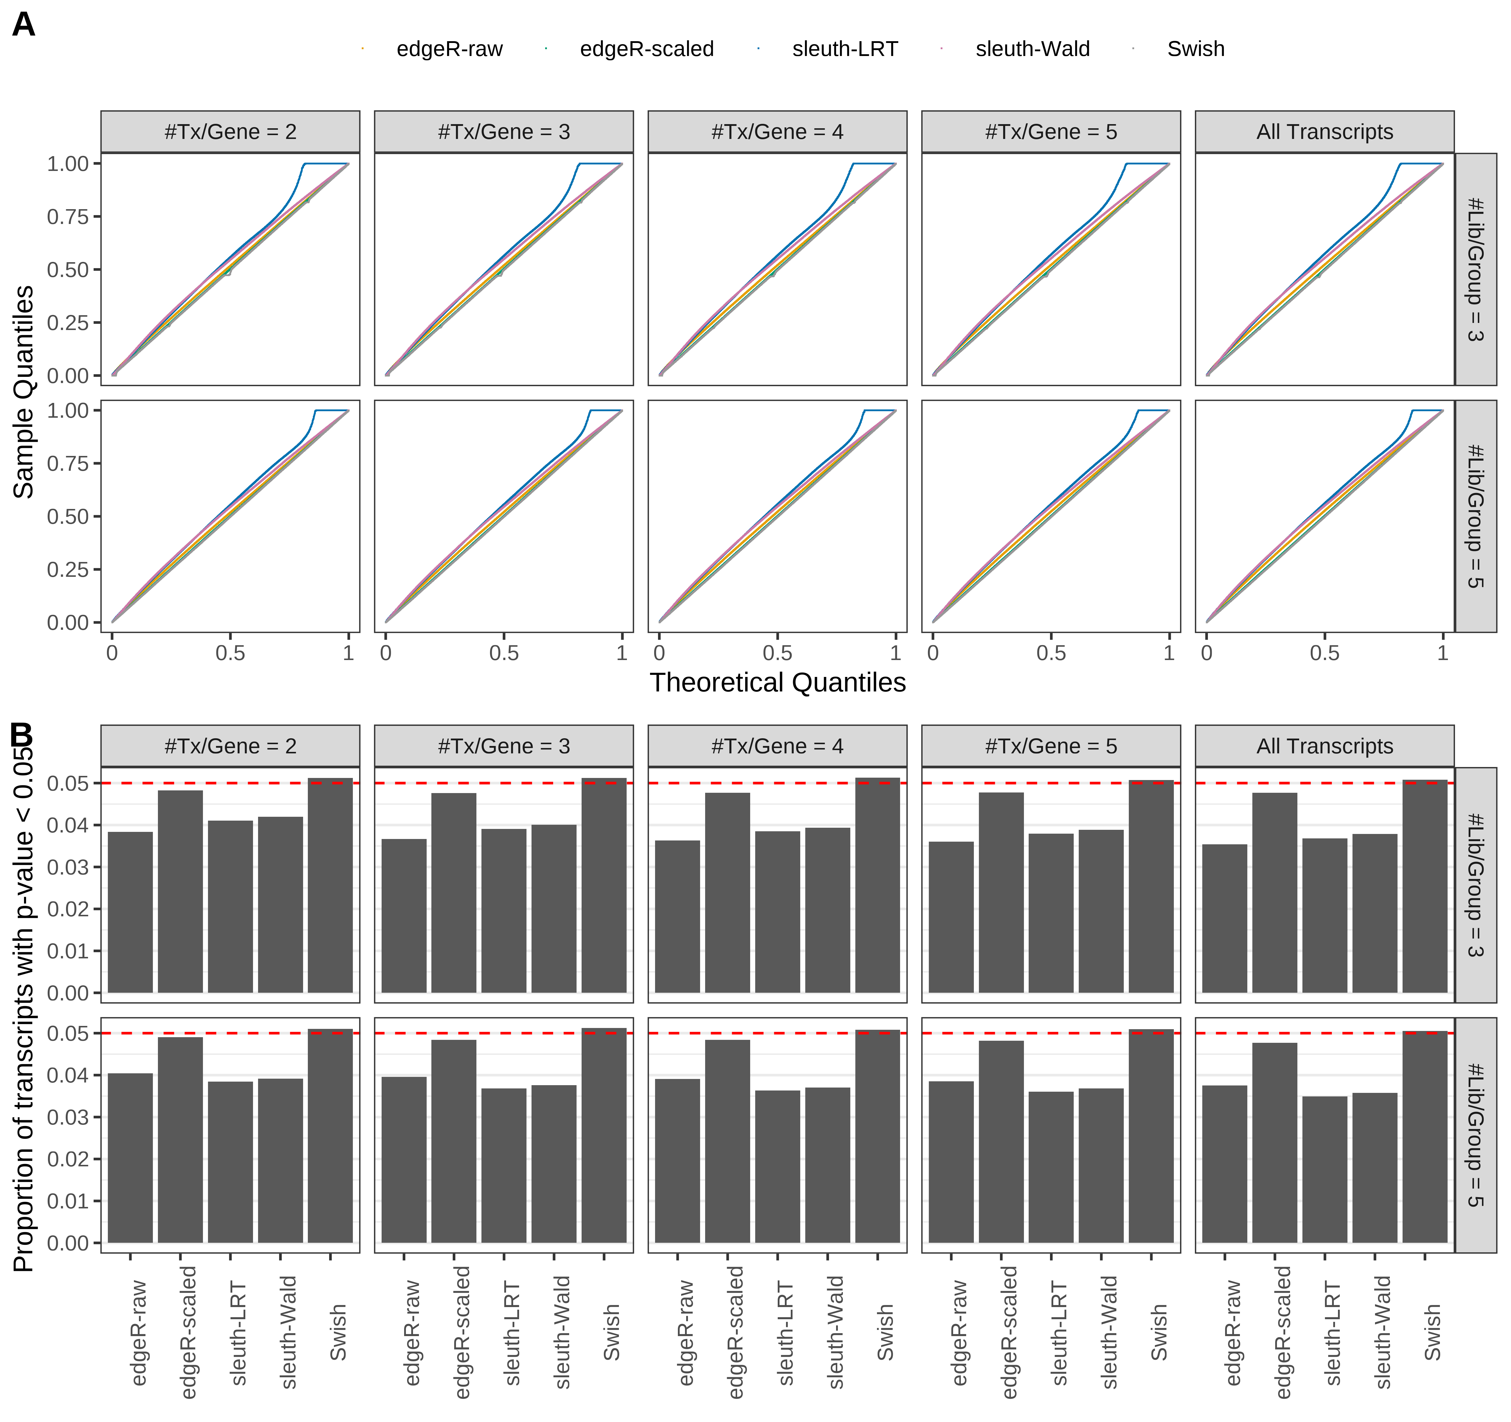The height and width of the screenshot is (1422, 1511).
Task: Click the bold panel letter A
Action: (x=24, y=25)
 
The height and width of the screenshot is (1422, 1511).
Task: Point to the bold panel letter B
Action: (x=21, y=735)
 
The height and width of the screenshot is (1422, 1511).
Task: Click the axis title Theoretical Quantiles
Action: (x=777, y=683)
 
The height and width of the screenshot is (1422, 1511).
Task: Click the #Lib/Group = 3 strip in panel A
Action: (x=1475, y=269)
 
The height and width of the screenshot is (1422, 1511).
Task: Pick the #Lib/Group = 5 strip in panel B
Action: (x=1475, y=1135)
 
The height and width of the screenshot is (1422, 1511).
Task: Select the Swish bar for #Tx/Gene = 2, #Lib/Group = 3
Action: (x=330, y=885)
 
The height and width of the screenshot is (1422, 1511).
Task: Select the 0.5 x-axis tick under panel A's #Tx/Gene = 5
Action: (x=1050, y=653)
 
